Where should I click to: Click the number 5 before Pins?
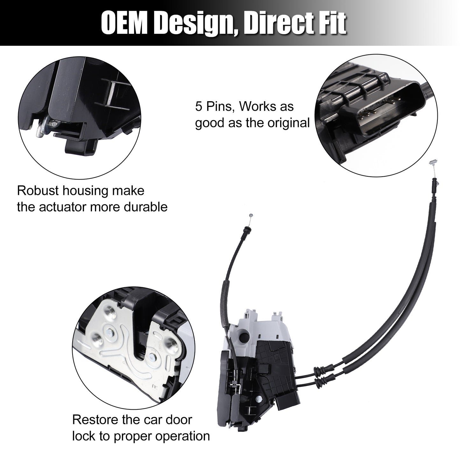(x=199, y=106)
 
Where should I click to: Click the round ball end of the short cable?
(x=251, y=215)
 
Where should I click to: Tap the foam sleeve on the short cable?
(x=226, y=303)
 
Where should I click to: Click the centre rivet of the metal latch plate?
(x=110, y=331)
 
